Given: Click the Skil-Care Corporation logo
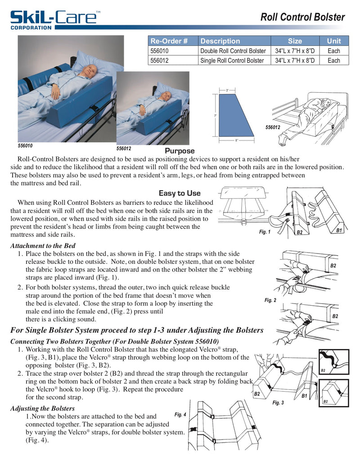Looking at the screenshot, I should pos(54,19).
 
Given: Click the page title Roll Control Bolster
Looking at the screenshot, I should pos(303,18).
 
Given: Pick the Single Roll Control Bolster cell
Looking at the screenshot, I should pos(232,60).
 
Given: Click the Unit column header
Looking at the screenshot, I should pos(333,41).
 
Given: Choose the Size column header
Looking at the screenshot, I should pos(295,41).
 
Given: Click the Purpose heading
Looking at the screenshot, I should pos(180,151).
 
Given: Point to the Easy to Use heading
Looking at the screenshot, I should pos(180,193).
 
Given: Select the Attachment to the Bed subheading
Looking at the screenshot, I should pos(43,246).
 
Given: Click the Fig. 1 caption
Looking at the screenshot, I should pos(265,232).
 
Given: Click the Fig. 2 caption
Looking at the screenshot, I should pos(270,300).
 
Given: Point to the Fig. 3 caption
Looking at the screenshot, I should pos(279,403).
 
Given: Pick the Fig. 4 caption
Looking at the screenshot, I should pos(180,414).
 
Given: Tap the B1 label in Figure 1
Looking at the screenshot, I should pos(339,230).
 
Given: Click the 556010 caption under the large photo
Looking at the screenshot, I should pos(25,146).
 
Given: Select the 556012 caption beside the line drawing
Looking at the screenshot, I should pos(273,127).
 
